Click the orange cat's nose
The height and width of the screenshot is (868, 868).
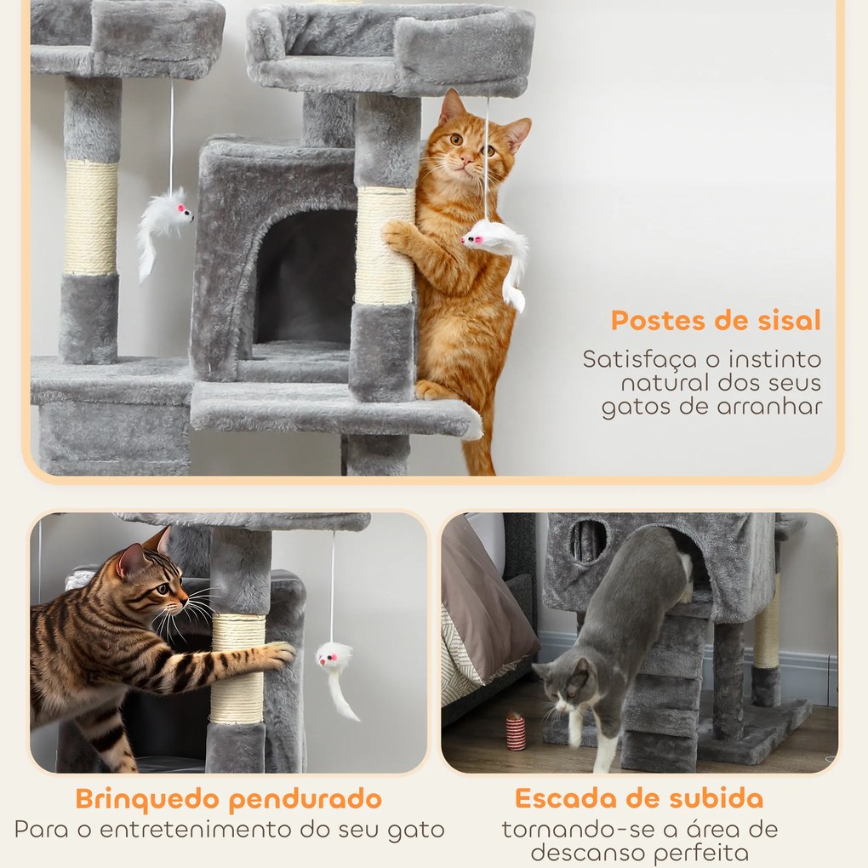[465, 159]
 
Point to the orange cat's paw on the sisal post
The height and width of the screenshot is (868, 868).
[397, 235]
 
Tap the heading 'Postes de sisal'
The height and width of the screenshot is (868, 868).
[716, 321]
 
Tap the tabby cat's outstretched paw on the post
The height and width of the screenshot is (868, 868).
[277, 654]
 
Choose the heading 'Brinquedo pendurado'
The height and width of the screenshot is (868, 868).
[228, 799]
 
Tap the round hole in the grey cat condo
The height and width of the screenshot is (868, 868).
[589, 540]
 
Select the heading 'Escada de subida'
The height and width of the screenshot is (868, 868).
[638, 799]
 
